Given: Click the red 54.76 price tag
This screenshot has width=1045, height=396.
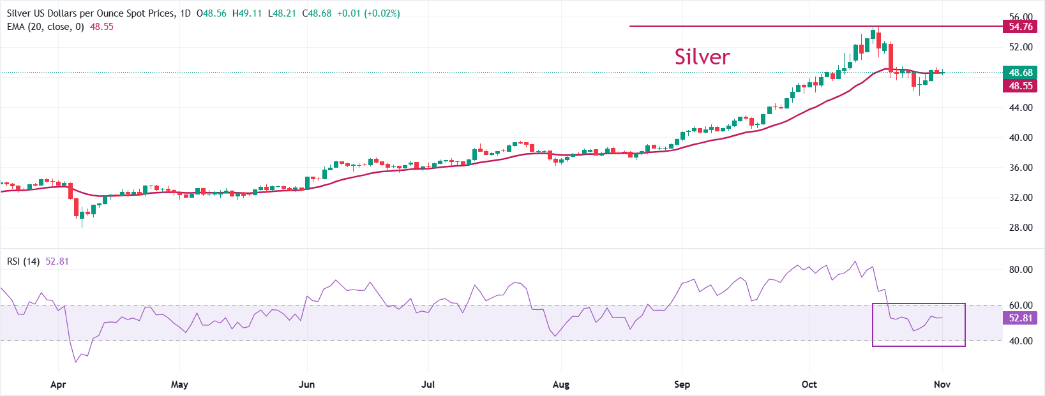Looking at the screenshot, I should [1020, 26].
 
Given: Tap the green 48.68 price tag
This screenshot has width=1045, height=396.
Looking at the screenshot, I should [1020, 73].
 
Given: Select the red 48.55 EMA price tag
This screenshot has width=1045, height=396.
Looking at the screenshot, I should [1020, 86].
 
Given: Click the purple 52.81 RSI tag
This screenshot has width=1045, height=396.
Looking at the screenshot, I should [1020, 318].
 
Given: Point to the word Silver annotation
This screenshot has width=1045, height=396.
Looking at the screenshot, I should [702, 57].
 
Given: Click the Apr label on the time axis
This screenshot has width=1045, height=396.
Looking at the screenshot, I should [58, 385].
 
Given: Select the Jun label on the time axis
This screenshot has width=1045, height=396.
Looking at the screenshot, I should [307, 385].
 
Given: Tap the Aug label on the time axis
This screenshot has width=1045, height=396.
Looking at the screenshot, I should [561, 385].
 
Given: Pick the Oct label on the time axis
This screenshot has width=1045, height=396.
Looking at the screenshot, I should [809, 385].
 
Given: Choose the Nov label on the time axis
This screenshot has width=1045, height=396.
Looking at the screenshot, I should [942, 385].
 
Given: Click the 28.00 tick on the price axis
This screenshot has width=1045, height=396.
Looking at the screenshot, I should [1020, 228].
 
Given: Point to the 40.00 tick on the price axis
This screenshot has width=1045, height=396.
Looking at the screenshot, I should [1020, 138].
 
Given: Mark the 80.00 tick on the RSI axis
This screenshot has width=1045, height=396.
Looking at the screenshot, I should [1020, 270].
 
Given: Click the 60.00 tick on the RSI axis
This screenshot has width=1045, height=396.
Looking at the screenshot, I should [1020, 305].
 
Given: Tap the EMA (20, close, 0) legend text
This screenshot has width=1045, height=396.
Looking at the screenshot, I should [45, 27].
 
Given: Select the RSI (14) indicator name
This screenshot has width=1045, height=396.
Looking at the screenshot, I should [24, 261].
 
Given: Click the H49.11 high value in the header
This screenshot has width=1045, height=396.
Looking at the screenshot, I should [247, 13].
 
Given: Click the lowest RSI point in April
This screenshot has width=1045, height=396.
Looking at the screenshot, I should [76, 362].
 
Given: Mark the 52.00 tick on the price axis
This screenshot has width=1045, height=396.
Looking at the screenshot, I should [1020, 47].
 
